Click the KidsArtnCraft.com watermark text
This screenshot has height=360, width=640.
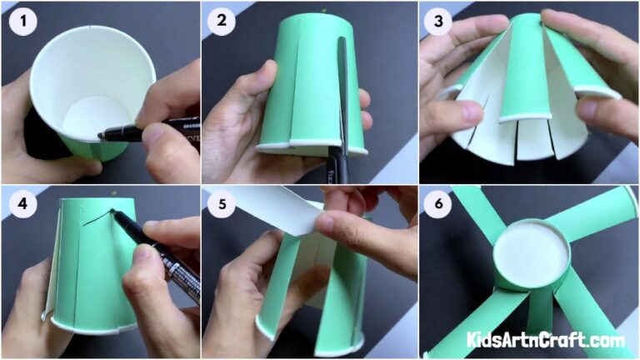[x=547, y=341]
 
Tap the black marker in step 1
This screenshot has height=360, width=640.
[x=150, y=128]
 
